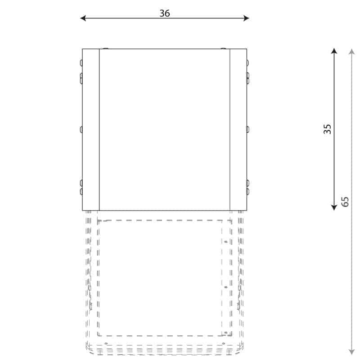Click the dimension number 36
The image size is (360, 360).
pyautogui.click(x=165, y=13)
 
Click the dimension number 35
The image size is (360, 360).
pyautogui.click(x=327, y=129)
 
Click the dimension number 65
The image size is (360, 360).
pyautogui.click(x=345, y=202)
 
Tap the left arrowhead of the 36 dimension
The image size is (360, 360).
pyautogui.click(x=83, y=18)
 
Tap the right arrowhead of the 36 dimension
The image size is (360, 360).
pyautogui.click(x=246, y=18)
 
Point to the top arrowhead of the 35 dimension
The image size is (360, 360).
pyautogui.click(x=334, y=51)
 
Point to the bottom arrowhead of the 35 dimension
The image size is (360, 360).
pyautogui.click(x=334, y=207)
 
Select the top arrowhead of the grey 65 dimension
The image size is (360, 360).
pyautogui.click(x=352, y=51)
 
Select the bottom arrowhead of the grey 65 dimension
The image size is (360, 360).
pyautogui.click(x=352, y=352)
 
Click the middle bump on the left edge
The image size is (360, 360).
pyautogui.click(x=81, y=130)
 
